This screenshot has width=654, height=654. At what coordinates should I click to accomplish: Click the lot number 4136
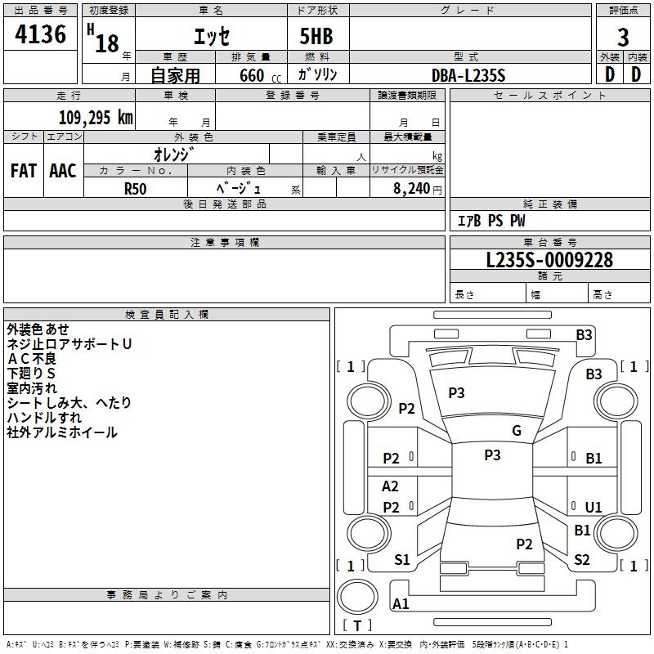[x=41, y=35]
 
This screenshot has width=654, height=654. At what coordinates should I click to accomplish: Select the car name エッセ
[x=211, y=37]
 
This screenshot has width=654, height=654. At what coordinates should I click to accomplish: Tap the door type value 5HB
[x=311, y=38]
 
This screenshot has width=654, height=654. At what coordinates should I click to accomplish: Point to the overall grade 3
[x=623, y=37]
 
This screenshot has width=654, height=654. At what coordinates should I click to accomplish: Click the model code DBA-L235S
[x=469, y=75]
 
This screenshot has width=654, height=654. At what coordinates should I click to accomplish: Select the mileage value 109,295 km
[x=96, y=118]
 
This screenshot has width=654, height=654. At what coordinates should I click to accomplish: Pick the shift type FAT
[x=23, y=171]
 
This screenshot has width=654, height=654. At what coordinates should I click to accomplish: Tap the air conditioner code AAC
[x=63, y=171]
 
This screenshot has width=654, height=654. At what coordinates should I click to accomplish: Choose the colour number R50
[x=136, y=188]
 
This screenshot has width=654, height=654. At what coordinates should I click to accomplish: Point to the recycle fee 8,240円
[x=417, y=188]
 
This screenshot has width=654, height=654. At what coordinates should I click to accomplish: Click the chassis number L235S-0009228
[x=549, y=261]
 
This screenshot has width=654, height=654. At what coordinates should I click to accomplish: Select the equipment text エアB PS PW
[x=490, y=221]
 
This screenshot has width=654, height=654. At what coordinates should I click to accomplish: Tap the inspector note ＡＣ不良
[x=32, y=359]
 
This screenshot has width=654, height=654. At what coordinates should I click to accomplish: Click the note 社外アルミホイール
[x=62, y=432]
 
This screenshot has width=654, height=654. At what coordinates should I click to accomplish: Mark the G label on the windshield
[x=517, y=431]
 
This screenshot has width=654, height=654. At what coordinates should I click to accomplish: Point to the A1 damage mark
[x=401, y=604]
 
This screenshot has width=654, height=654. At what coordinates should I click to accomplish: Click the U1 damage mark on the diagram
[x=594, y=507]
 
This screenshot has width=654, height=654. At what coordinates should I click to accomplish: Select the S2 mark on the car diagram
[x=582, y=560]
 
